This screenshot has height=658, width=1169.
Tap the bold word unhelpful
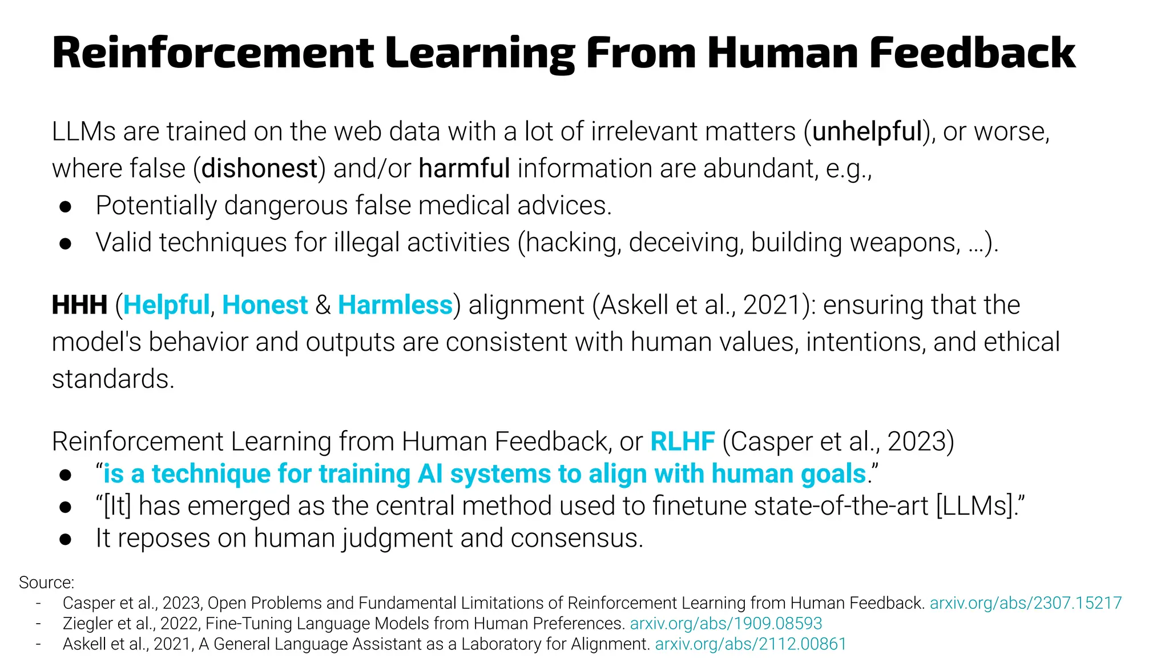[x=867, y=131]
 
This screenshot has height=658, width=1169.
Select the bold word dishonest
[x=259, y=168]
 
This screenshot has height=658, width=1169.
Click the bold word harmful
[x=464, y=168]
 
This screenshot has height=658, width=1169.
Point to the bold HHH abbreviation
[x=79, y=305]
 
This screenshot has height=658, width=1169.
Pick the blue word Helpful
[x=167, y=305]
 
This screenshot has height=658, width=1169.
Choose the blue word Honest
[x=265, y=305]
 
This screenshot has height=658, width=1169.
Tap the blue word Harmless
[x=395, y=305]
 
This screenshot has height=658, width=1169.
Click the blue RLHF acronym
[x=682, y=442]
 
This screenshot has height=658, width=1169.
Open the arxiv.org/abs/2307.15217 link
[x=1026, y=603]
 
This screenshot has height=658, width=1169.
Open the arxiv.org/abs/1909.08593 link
[x=725, y=623]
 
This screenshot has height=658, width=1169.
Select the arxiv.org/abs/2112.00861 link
[x=751, y=644]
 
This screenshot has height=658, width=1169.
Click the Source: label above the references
[x=46, y=583]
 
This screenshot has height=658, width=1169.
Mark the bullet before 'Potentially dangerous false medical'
[x=66, y=207]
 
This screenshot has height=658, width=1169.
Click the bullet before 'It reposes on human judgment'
[x=66, y=540]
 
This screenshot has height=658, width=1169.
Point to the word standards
[x=112, y=379]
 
